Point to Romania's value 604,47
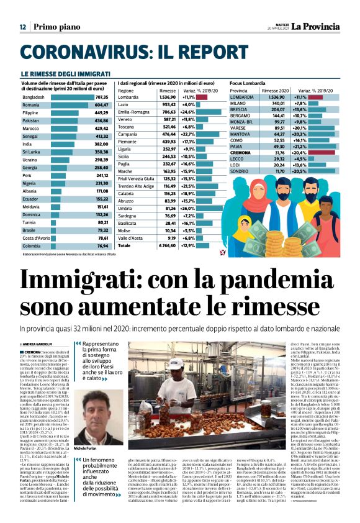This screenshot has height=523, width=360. click(102, 106)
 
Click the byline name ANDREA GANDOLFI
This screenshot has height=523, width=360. click(40, 344)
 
